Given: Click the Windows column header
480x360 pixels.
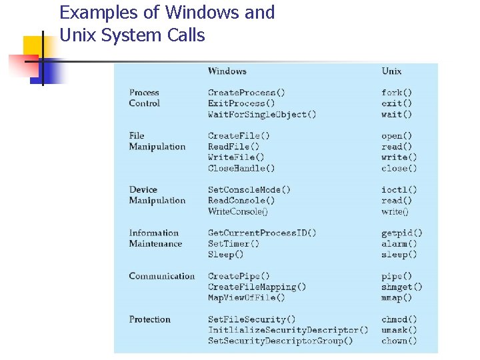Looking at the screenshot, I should click(x=227, y=71).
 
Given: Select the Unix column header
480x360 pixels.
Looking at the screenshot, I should click(x=391, y=71).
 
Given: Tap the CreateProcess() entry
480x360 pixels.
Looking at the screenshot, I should click(x=247, y=93).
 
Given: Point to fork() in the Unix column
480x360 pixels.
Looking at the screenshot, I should click(x=397, y=93).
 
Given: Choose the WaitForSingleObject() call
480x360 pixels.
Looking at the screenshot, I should click(x=262, y=114).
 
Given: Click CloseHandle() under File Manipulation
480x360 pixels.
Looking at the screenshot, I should click(x=241, y=168).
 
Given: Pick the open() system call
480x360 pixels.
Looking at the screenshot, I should click(x=397, y=136).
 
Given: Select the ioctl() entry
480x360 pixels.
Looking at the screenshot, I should click(x=399, y=190).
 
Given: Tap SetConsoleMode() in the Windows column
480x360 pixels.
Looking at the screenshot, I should click(x=249, y=190).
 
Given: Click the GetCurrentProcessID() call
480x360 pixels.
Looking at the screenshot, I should click(x=262, y=233).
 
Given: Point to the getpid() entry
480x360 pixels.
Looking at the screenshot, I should click(x=402, y=233).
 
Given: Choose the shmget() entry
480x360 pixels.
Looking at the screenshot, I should click(x=402, y=287).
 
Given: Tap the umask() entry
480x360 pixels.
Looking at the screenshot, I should click(x=399, y=330).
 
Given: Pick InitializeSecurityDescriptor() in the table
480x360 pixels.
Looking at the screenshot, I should click(x=288, y=330).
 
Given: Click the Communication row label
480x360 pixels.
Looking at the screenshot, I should click(x=162, y=276).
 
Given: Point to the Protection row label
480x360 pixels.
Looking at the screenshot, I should click(x=150, y=319).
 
